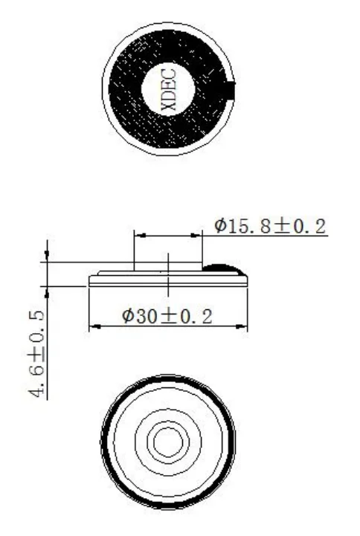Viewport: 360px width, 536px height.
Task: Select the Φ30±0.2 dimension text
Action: point(167,316)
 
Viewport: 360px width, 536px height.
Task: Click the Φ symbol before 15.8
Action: point(221,226)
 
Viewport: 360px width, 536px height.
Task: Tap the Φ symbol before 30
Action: point(129,316)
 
